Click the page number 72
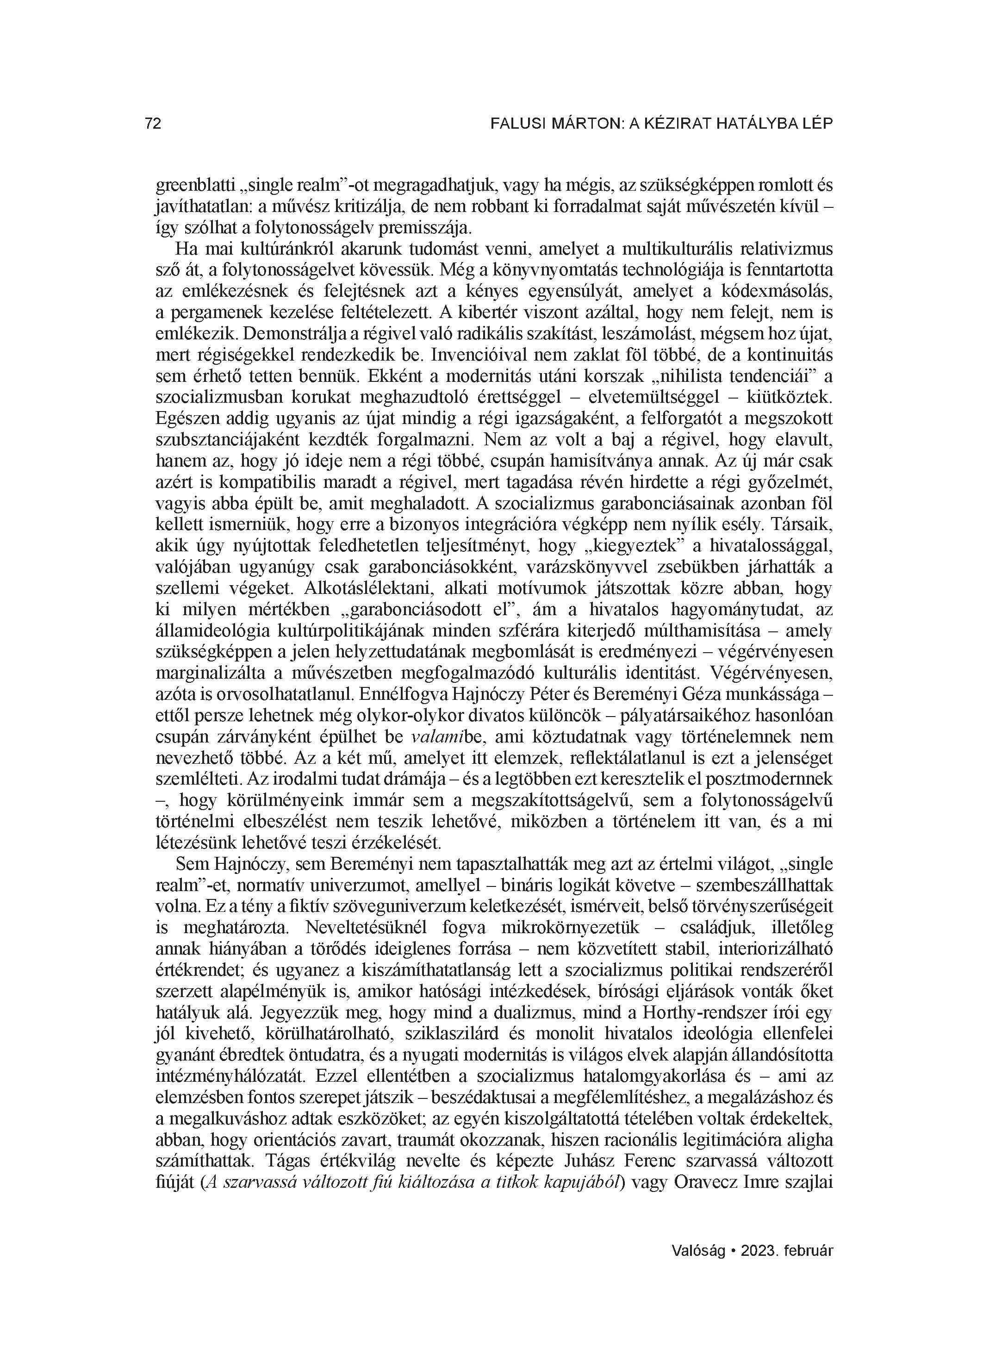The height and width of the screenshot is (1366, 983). [x=153, y=124]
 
